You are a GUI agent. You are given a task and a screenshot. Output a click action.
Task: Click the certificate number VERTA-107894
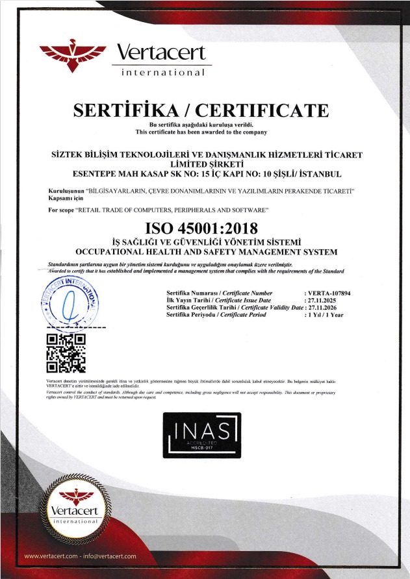327,294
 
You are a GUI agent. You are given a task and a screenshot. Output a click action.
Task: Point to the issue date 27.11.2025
323,301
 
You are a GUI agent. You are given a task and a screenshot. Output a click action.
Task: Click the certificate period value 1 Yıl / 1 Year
324,314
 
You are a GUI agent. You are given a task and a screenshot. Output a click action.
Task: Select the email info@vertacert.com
111,556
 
